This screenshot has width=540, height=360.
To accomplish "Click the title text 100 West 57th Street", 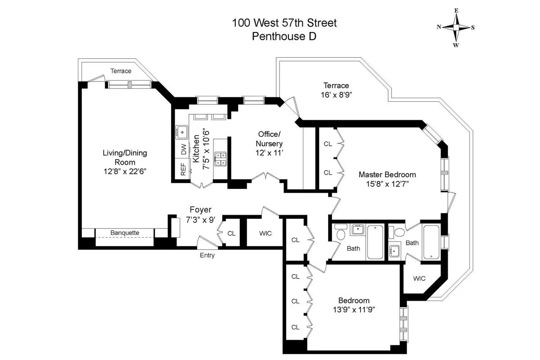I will coord(284,22).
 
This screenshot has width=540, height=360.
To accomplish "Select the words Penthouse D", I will coord(284,36).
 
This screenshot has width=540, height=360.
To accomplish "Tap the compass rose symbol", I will coord(456,27).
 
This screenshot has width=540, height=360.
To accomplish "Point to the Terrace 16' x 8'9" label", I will coord(336,90).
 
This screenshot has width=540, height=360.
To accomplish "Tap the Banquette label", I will coord(125,233).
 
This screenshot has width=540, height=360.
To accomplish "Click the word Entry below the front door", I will coord(207,255).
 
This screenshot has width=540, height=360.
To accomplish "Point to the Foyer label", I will coord(200,210).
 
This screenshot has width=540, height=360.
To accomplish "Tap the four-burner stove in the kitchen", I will coord(220,158).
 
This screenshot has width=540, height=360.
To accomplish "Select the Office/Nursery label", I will coord(269,139).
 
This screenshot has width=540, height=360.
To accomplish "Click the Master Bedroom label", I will coord(387,175).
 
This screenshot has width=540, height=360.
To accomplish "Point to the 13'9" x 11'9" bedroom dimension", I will coord(354,310).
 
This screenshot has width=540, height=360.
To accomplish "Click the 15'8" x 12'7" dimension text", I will coord(387,184).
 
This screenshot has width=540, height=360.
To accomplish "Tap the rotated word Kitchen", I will coord(196,148).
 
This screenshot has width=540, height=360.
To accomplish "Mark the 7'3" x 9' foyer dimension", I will coord(200,220).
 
